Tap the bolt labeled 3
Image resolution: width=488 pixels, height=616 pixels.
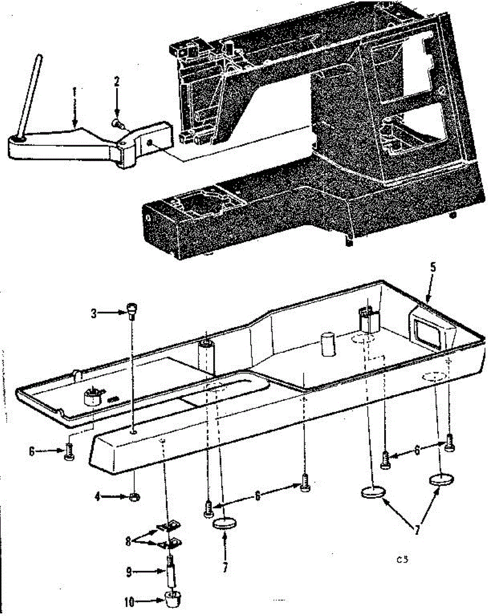132,311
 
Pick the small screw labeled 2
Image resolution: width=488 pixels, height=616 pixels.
117,122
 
